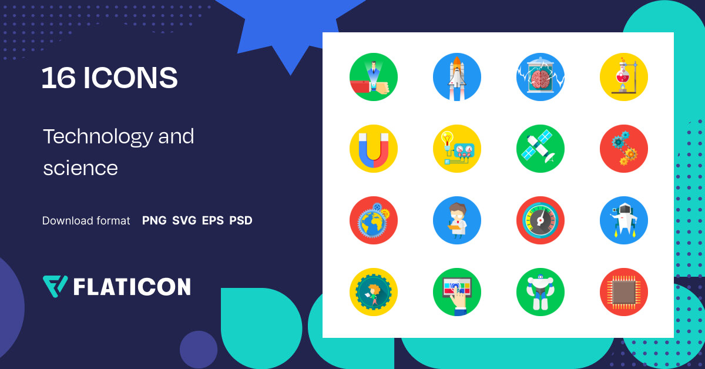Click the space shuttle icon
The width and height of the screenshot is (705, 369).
pyautogui.click(x=456, y=77)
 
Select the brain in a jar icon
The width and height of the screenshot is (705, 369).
pyautogui.click(x=540, y=77)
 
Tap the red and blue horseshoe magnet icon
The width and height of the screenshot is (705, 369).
pyautogui.click(x=373, y=149)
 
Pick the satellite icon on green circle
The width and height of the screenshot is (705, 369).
pyautogui.click(x=540, y=149)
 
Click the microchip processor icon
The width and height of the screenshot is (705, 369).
pyautogui.click(x=623, y=292)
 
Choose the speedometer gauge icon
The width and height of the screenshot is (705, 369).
pyautogui.click(x=540, y=220)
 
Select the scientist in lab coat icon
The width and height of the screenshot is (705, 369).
pyautogui.click(x=456, y=220)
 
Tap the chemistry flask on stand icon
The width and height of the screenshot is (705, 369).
pyautogui.click(x=623, y=77)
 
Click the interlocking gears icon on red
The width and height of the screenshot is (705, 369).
pyautogui.click(x=623, y=149)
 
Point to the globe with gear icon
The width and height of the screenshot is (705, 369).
pyautogui.click(x=373, y=220)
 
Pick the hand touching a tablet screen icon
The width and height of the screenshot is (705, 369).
pyautogui.click(x=456, y=292)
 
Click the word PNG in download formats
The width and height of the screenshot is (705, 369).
pyautogui.click(x=154, y=221)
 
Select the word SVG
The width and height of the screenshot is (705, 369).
pyautogui.click(x=184, y=221)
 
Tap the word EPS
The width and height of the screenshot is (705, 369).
pyautogui.click(x=213, y=221)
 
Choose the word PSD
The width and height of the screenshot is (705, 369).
pyautogui.click(x=241, y=221)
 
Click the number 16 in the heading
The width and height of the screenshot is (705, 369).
pyautogui.click(x=58, y=78)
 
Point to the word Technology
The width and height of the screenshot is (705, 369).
pyautogui.click(x=98, y=137)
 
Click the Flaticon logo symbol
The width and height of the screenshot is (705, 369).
pyautogui.click(x=55, y=286)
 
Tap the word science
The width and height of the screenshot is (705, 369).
pyautogui.click(x=80, y=168)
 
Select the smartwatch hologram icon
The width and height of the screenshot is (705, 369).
pyautogui.click(x=373, y=77)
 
